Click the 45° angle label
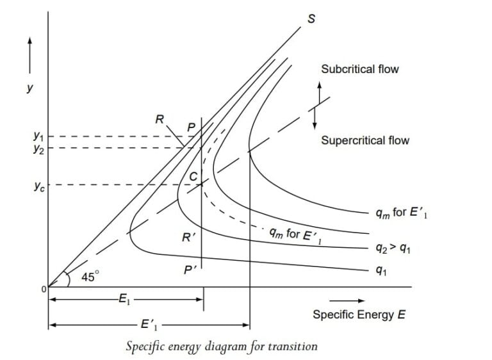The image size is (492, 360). pyautogui.click(x=91, y=277)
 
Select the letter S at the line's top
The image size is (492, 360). pyautogui.click(x=312, y=18)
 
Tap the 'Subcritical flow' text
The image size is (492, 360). pyautogui.click(x=359, y=69)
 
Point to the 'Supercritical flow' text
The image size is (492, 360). pyautogui.click(x=365, y=140)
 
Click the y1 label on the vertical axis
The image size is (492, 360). pyautogui.click(x=38, y=136)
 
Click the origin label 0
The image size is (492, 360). pyautogui.click(x=44, y=289)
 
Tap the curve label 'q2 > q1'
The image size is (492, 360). pyautogui.click(x=393, y=248)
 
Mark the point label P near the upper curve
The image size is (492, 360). pyautogui.click(x=190, y=127)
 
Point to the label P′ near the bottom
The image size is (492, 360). pyautogui.click(x=190, y=270)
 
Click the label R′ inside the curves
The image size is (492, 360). pyautogui.click(x=188, y=237)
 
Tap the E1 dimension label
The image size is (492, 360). pyautogui.click(x=124, y=299)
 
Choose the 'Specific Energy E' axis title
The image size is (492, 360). pyautogui.click(x=359, y=315)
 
